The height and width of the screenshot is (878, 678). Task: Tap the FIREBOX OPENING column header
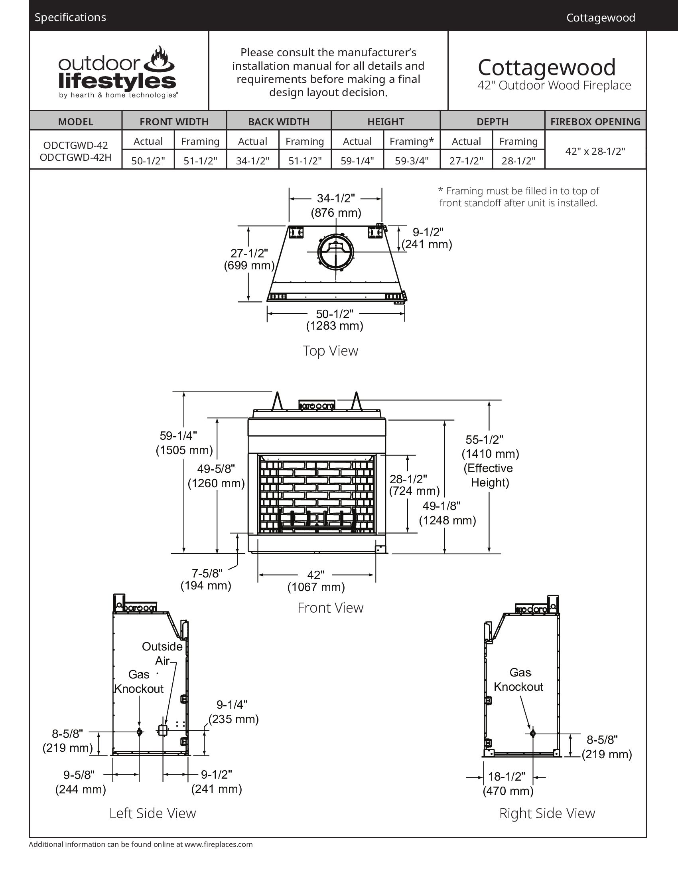pyautogui.click(x=595, y=121)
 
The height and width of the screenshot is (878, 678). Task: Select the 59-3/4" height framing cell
pyautogui.click(x=412, y=161)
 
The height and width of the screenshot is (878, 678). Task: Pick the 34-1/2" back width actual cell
pyautogui.click(x=252, y=161)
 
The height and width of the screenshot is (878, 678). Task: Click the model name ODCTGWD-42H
pyautogui.click(x=75, y=157)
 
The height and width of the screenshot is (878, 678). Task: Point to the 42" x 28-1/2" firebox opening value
pyautogui.click(x=595, y=151)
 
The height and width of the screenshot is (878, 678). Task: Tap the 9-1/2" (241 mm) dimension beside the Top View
pyautogui.click(x=428, y=238)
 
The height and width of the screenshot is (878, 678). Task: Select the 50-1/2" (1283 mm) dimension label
pyautogui.click(x=335, y=320)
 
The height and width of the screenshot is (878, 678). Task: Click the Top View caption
pyautogui.click(x=330, y=350)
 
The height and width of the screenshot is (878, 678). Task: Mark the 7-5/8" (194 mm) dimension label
pyautogui.click(x=206, y=579)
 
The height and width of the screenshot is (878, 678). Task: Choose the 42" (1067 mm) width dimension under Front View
pyautogui.click(x=316, y=581)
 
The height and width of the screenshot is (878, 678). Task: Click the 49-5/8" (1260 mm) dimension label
pyautogui.click(x=216, y=476)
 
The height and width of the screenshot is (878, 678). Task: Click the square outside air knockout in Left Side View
pyautogui.click(x=162, y=730)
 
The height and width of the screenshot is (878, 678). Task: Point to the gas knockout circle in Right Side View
pyautogui.click(x=532, y=734)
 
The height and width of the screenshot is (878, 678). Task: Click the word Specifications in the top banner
pyautogui.click(x=70, y=17)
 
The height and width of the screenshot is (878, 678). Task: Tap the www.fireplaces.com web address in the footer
pyautogui.click(x=219, y=844)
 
